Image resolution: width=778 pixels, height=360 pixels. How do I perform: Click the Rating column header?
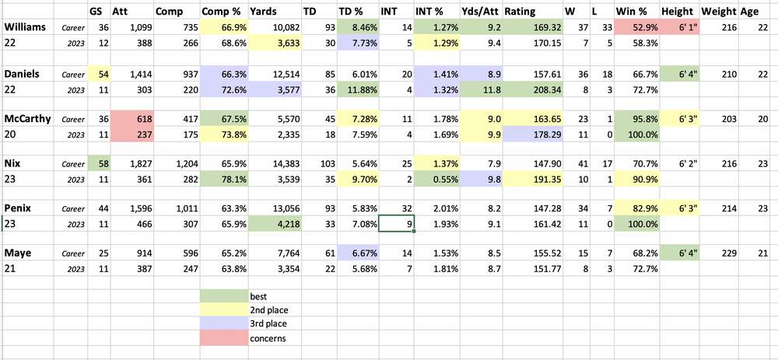520,12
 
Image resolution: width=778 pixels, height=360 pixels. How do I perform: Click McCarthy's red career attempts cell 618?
131,119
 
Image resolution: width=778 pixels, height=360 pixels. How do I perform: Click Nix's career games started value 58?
96,164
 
